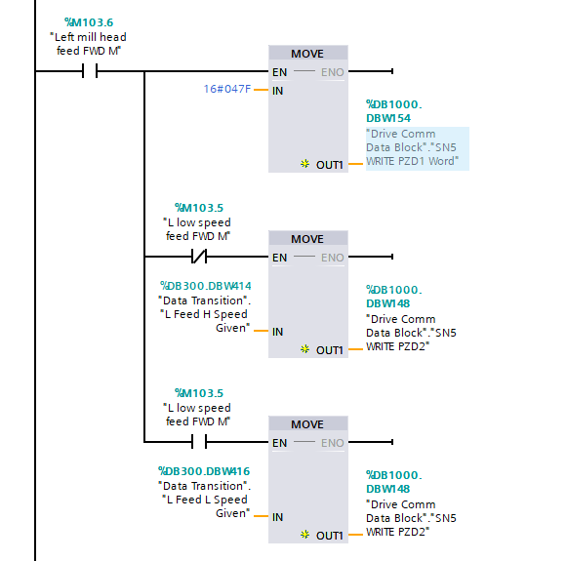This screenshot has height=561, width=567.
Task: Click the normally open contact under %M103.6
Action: pyautogui.click(x=90, y=71)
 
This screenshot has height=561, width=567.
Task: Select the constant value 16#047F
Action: pyautogui.click(x=226, y=90)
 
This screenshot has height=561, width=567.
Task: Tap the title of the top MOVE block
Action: pyautogui.click(x=307, y=54)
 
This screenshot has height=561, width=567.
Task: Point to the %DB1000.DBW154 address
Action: pyautogui.click(x=394, y=109)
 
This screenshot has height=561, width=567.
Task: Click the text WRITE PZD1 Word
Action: pyautogui.click(x=411, y=161)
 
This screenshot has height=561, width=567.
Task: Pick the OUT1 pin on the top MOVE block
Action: pyautogui.click(x=329, y=164)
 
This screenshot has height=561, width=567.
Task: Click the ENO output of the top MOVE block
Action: pyautogui.click(x=332, y=71)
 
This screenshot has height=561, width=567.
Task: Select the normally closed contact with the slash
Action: pyautogui.click(x=198, y=258)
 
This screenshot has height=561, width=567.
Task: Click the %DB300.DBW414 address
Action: pyautogui.click(x=205, y=286)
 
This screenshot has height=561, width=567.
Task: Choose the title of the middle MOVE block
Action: pyautogui.click(x=307, y=239)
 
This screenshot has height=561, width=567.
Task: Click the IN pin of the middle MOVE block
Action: pyautogui.click(x=278, y=332)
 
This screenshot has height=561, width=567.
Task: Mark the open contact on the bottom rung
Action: pyautogui.click(x=198, y=443)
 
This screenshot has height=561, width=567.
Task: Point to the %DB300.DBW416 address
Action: pyautogui.click(x=205, y=471)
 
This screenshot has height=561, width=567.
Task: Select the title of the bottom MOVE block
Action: pyautogui.click(x=307, y=424)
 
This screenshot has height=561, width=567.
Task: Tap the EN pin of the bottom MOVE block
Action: pyautogui.click(x=279, y=443)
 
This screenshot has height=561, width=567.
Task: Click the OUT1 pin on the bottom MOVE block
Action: pyautogui.click(x=329, y=535)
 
